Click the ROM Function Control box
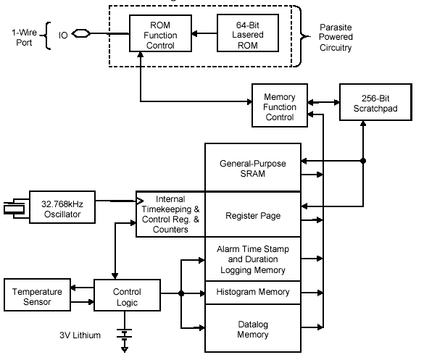pyautogui.click(x=160, y=33)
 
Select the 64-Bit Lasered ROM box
pyautogui.click(x=248, y=33)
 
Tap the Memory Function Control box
pyautogui.click(x=280, y=105)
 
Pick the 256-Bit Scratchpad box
pyautogui.click(x=375, y=102)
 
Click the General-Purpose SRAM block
pyautogui.click(x=253, y=167)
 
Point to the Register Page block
pyautogui.click(x=253, y=214)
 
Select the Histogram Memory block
pyautogui.click(x=253, y=293)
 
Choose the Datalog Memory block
pyautogui.click(x=253, y=328)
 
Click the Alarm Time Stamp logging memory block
pyautogui.click(x=253, y=259)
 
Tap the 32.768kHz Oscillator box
pyautogui.click(x=62, y=207)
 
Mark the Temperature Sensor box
pyautogui.click(x=37, y=295)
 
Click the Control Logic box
pyautogui.click(x=127, y=295)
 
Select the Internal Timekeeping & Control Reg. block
pyautogui.click(x=170, y=214)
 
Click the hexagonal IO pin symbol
pyautogui.click(x=81, y=33)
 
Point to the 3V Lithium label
pyautogui.click(x=80, y=335)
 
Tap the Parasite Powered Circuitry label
pyautogui.click(x=336, y=37)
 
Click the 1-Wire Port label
pyautogui.click(x=25, y=37)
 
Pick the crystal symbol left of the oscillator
pyautogui.click(x=14, y=209)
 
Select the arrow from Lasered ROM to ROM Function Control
pyautogui.click(x=204, y=33)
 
